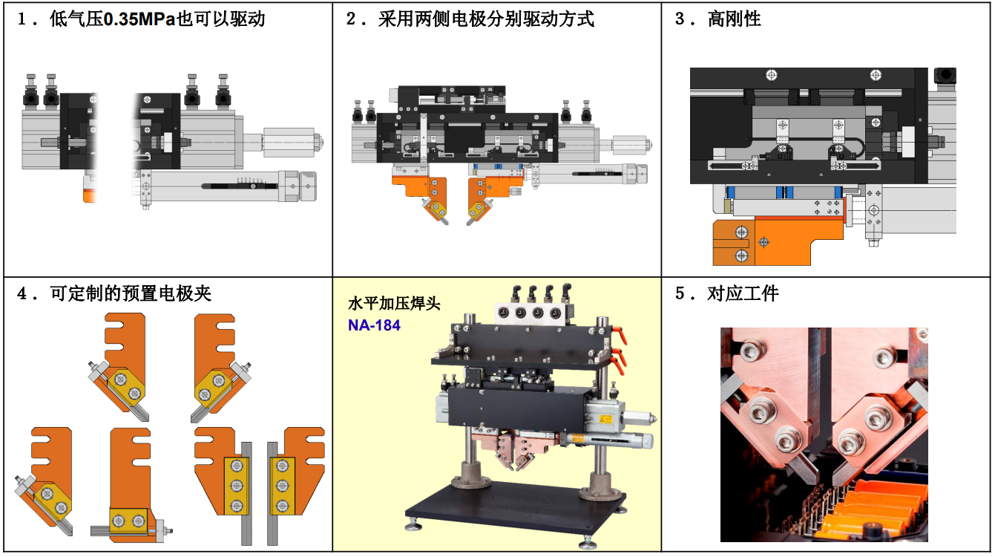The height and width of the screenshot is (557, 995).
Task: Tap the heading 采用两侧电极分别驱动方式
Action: pyautogui.click(x=486, y=19)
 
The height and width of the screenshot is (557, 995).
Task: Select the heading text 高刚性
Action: pyautogui.click(x=735, y=19)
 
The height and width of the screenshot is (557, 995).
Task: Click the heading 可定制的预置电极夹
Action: pyautogui.click(x=131, y=293)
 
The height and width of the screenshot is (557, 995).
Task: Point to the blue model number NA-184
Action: pyautogui.click(x=374, y=325)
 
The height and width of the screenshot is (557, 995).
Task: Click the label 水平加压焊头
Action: pyautogui.click(x=394, y=304)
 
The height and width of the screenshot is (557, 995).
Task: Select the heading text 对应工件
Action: pyautogui.click(x=743, y=293)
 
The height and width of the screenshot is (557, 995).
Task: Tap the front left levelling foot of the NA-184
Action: pyautogui.click(x=413, y=527)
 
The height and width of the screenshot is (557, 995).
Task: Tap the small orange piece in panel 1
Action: pyautogui.click(x=90, y=195)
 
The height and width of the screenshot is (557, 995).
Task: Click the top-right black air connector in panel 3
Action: pyautogui.click(x=945, y=75)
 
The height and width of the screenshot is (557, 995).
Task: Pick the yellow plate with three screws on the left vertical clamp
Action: pyautogui.click(x=236, y=486)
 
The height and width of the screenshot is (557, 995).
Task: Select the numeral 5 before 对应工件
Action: pyautogui.click(x=680, y=293)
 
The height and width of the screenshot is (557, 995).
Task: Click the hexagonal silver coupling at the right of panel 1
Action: pyautogui.click(x=289, y=143)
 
